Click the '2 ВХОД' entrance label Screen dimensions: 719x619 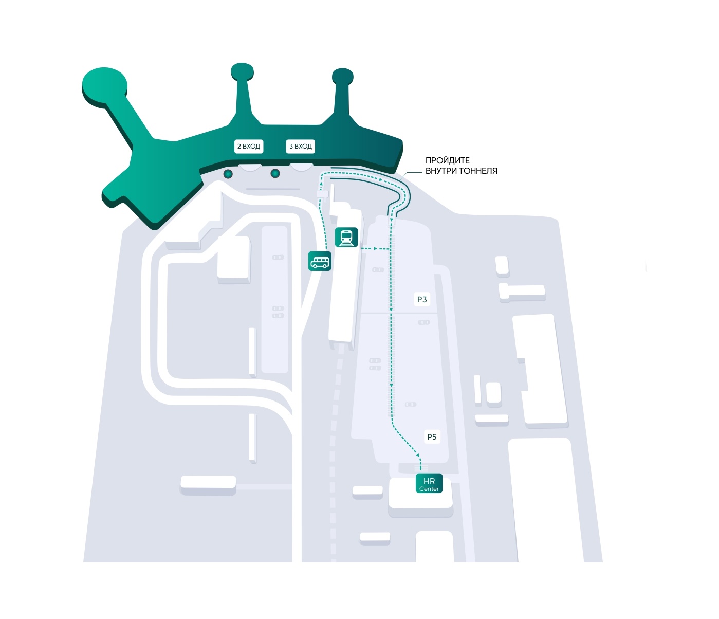tap(248, 146)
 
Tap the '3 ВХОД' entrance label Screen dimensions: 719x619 tap(301, 146)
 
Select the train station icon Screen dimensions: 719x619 tap(346, 238)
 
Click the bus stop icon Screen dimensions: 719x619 tap(320, 261)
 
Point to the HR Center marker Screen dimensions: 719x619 tap(429, 483)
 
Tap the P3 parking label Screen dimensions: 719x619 tap(422, 299)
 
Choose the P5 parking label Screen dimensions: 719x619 tap(432, 436)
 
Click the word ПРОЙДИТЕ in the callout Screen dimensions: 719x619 tap(447, 160)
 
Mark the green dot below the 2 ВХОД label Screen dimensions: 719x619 tap(228, 174)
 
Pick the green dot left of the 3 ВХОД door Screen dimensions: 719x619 tap(275, 173)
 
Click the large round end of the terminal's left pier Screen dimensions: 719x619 tap(104, 87)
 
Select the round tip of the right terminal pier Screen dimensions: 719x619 tap(343, 77)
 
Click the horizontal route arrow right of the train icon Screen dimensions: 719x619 tap(374, 248)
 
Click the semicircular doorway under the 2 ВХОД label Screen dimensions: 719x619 tap(250, 168)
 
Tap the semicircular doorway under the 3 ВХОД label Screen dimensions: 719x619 tap(302, 168)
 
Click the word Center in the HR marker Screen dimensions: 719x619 tap(429, 489)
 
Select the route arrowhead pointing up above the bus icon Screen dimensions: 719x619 tap(321, 183)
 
